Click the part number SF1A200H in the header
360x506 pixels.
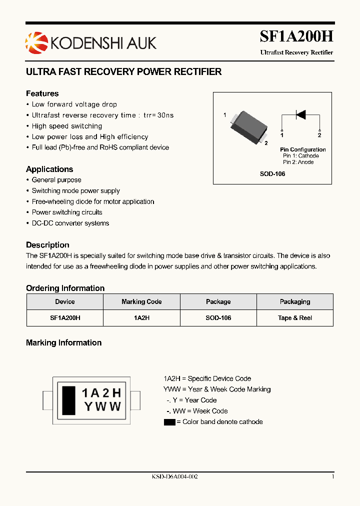[x=296, y=37]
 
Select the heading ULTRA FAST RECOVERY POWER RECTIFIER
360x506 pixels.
[x=123, y=72]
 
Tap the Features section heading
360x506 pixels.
[x=42, y=93]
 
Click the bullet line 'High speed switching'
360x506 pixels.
[x=66, y=126]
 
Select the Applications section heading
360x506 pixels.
[x=49, y=169]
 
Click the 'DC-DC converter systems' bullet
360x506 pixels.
[x=70, y=223]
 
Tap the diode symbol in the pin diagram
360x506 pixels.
[x=300, y=115]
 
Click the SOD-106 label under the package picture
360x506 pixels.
[x=272, y=174]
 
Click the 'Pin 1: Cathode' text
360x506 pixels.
[x=300, y=156]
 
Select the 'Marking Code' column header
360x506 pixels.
[x=141, y=302]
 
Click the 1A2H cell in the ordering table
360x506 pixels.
[x=141, y=318]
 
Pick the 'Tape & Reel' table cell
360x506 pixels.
[x=295, y=318]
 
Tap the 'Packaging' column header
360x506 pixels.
[x=295, y=302]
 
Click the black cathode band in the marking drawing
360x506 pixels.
[x=68, y=399]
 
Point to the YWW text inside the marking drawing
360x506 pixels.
[x=102, y=406]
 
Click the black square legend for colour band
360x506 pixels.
[x=169, y=422]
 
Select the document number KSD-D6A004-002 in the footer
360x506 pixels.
[x=174, y=477]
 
